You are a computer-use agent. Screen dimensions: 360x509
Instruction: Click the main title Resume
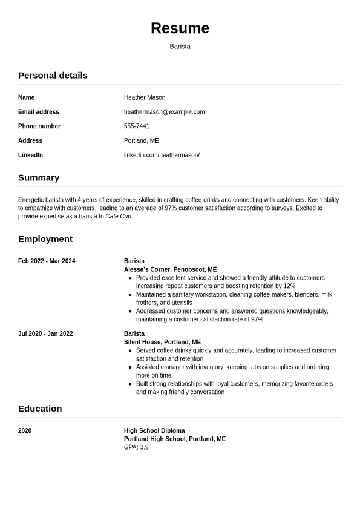[180, 28]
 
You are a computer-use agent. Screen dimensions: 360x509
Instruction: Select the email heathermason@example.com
[164, 112]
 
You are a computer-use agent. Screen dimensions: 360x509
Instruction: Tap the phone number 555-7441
[137, 126]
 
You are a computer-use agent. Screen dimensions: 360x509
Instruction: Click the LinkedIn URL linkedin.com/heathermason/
[162, 155]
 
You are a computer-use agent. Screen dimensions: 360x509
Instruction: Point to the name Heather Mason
[145, 97]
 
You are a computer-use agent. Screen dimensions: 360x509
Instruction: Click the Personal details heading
[53, 75]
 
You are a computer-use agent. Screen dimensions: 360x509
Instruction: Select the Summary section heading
[39, 177]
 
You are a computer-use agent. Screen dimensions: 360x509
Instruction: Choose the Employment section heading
[45, 238]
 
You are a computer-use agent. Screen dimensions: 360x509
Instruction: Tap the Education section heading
[40, 408]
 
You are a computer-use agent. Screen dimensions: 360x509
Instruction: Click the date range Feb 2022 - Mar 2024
[47, 261]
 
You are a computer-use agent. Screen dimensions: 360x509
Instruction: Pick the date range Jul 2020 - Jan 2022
[45, 334]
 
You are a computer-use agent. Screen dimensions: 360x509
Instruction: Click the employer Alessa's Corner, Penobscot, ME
[170, 269]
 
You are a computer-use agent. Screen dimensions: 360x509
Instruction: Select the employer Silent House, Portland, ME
[162, 342]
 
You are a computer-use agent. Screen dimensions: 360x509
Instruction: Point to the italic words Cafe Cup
[118, 217]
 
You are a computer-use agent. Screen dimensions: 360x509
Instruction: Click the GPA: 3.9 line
[136, 447]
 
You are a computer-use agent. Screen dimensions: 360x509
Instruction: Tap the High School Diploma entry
[154, 431]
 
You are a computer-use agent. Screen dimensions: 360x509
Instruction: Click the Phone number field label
[39, 126]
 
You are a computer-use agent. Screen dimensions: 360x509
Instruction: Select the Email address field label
[39, 112]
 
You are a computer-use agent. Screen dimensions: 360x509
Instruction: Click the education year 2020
[25, 431]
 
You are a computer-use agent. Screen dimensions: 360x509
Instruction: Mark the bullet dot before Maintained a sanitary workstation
[131, 295]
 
